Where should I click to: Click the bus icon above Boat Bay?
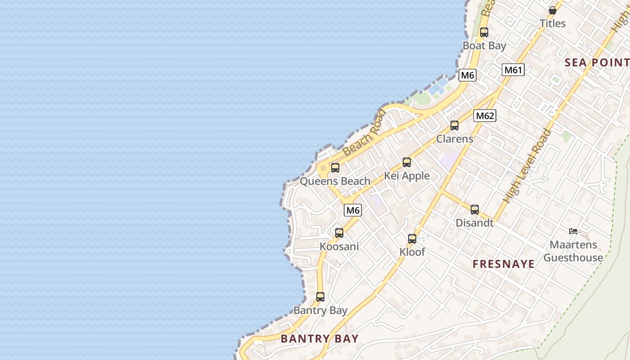484,32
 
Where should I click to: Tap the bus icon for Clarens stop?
454,126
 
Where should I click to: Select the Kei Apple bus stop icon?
407,162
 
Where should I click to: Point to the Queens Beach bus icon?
335,168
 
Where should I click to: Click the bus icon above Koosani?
339,233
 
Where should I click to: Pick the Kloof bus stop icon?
412,239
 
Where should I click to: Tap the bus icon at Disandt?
475,209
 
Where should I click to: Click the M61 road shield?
513,70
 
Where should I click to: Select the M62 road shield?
485,116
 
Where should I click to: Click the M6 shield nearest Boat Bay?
468,75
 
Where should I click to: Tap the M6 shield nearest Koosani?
353,210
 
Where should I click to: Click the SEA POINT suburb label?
597,63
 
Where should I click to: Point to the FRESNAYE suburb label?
504,264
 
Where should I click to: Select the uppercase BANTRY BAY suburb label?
319,339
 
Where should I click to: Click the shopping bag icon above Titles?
553,10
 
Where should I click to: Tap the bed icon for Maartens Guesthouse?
573,231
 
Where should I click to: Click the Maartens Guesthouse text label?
573,251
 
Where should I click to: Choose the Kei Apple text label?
407,176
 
